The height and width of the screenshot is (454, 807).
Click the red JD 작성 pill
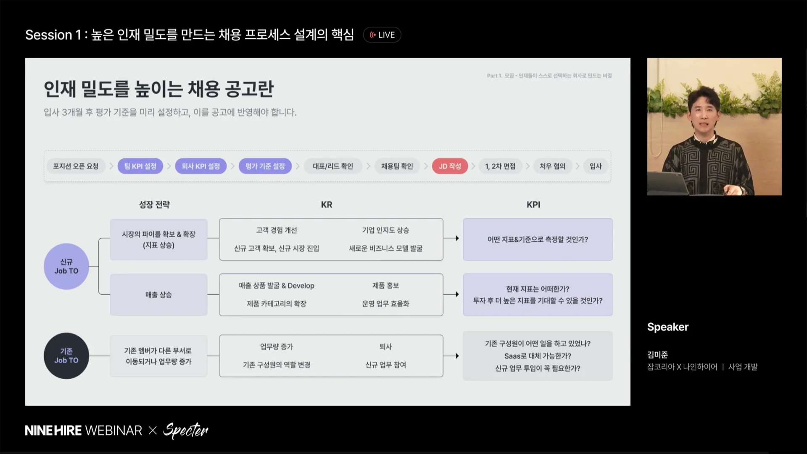tap(450, 166)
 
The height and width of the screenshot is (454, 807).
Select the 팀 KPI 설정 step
tap(140, 166)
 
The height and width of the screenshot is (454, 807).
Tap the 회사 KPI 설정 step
tap(200, 166)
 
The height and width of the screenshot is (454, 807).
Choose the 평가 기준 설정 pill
tap(265, 166)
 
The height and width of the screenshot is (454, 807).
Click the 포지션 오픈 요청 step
tap(76, 166)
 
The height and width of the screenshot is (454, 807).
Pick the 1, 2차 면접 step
tap(500, 166)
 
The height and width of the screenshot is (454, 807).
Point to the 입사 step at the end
tap(596, 166)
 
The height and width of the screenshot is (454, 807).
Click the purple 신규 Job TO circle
tap(66, 267)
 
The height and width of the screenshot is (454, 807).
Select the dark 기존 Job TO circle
tap(66, 356)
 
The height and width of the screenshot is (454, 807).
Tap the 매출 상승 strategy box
tap(158, 295)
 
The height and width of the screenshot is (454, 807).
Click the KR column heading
tap(327, 205)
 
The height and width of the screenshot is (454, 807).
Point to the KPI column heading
tap(533, 205)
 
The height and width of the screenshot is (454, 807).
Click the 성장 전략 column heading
tap(154, 205)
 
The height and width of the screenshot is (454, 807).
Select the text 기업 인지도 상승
tap(385, 230)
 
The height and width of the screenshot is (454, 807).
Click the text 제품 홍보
tap(385, 285)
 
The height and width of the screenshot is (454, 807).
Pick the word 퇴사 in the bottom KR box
tap(385, 346)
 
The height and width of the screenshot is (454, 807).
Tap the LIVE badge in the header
tap(382, 35)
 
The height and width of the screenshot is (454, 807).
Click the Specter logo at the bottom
tap(185, 430)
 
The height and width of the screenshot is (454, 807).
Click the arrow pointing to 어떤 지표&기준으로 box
tap(451, 238)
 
